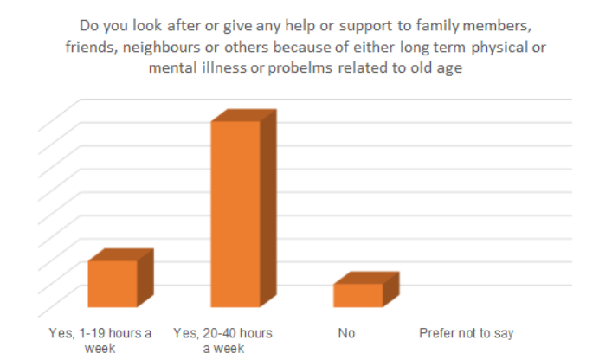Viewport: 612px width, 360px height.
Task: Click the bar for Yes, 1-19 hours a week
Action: pyautogui.click(x=113, y=283)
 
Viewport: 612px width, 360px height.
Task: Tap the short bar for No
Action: pyautogui.click(x=358, y=295)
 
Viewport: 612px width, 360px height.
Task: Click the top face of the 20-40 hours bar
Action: pyautogui.click(x=247, y=115)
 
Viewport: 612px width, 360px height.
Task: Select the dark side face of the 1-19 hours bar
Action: pyautogui.click(x=145, y=277)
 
